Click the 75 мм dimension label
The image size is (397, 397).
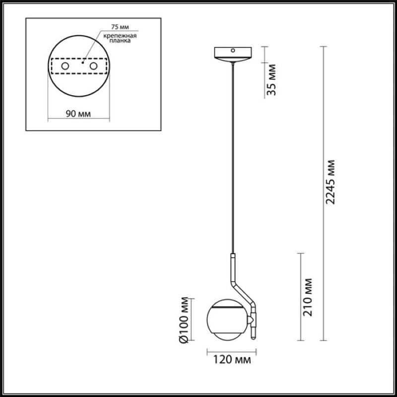click(120, 27)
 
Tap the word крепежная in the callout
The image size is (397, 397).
click(120, 36)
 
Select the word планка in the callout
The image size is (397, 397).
click(120, 41)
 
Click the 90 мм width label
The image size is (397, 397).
click(78, 114)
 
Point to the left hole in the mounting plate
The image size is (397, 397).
click(65, 66)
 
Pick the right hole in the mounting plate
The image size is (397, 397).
click(93, 66)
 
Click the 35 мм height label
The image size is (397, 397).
click(272, 80)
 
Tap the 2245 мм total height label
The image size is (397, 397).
click(331, 182)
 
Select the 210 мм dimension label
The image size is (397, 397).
click(308, 297)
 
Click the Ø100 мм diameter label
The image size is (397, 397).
click(184, 320)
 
